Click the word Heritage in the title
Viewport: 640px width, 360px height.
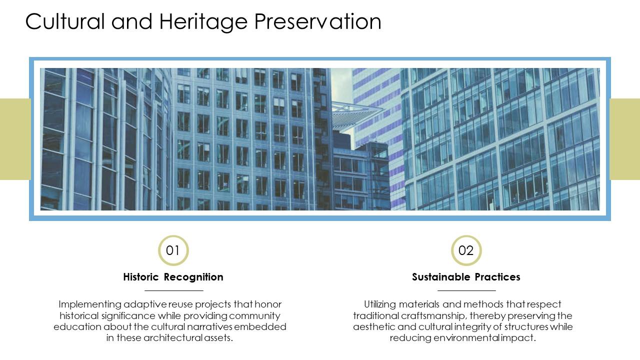(203, 21)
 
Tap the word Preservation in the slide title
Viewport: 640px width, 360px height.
(317, 21)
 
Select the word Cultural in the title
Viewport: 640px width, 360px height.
(64, 21)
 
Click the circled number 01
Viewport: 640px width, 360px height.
(173, 250)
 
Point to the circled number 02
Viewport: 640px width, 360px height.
(466, 250)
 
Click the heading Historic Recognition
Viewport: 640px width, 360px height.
(173, 277)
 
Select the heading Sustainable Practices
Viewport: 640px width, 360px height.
(466, 277)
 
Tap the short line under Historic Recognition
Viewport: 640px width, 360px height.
(174, 290)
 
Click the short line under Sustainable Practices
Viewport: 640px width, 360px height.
(466, 290)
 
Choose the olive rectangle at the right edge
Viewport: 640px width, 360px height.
(625, 139)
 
